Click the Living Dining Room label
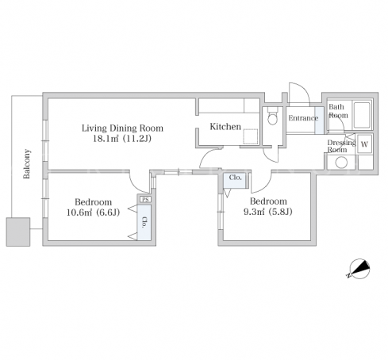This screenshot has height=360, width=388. pos(122,128)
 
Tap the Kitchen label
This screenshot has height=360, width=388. pos(225,127)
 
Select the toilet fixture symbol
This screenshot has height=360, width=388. pos(272,116)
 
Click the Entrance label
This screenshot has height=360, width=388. pos(303,118)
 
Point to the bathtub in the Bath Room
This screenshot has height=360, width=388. pos(362,115)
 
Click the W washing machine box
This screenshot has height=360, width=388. pos(364,144)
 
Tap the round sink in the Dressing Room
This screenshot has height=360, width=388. pos(341,163)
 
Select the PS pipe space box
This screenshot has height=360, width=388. pos(145,200)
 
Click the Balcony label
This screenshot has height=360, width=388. pos(27,164)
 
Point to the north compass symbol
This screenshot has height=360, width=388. pos(359,269)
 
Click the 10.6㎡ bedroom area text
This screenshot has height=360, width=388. pos(93,213)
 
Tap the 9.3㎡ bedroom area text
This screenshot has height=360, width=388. pos(268,212)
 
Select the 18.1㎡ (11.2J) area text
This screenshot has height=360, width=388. pos(122,139)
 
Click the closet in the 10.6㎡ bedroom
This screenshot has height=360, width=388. pos(144,222)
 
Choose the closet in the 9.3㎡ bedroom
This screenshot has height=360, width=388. pos(235,180)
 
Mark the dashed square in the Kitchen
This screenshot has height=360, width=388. pos(251,136)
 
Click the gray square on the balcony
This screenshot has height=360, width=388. pos(18,232)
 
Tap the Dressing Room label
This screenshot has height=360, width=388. pos(341,146)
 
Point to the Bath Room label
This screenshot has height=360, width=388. pos(338,111)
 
